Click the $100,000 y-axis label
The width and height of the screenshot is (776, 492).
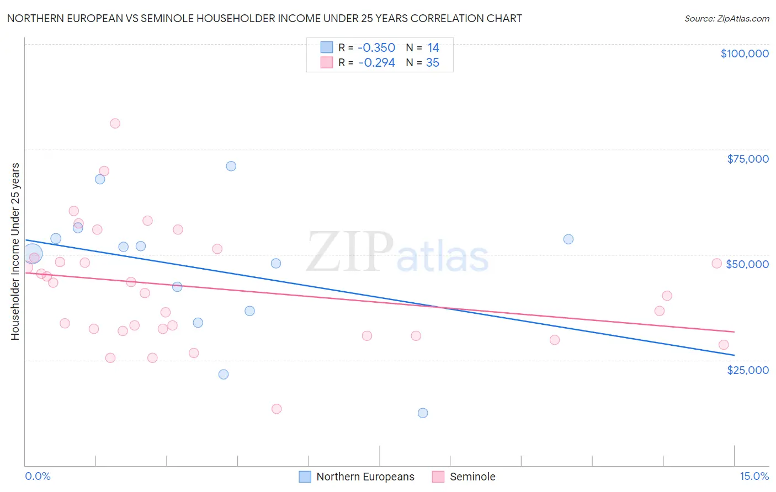click(x=744, y=54)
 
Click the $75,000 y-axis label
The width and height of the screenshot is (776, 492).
click(x=747, y=159)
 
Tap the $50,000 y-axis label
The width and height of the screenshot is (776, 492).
click(x=747, y=264)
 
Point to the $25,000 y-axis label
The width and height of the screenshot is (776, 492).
click(x=747, y=370)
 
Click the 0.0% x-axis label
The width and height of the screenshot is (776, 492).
click(x=38, y=477)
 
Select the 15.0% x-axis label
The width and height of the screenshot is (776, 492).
click(x=754, y=477)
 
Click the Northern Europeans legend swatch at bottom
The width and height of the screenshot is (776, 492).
click(x=305, y=477)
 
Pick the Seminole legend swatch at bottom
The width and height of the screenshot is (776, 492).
click(x=438, y=477)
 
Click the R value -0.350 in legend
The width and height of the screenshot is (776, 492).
click(x=376, y=48)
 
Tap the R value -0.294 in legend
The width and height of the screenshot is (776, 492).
click(x=376, y=63)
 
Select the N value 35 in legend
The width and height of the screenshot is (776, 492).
click(x=433, y=63)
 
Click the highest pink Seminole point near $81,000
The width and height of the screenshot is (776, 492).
click(x=115, y=124)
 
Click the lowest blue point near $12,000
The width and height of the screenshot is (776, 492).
click(x=423, y=413)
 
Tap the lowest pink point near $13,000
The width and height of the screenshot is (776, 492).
click(x=277, y=409)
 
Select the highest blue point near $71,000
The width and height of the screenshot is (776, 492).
click(x=231, y=166)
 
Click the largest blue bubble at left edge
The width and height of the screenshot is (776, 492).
click(x=33, y=254)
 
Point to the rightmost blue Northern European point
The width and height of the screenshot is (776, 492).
click(x=568, y=239)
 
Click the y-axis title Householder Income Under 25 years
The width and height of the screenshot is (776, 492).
click(x=15, y=251)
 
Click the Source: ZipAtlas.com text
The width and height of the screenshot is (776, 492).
click(x=726, y=19)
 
